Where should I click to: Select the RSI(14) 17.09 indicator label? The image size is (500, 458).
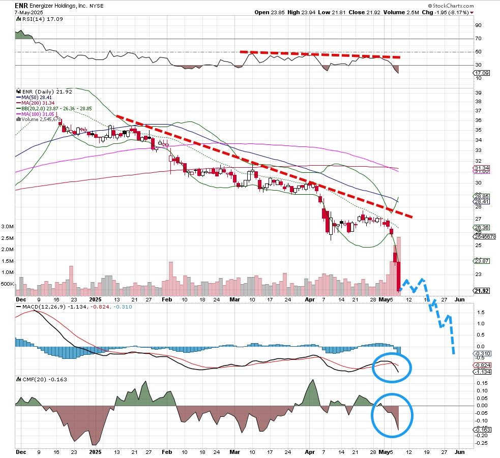pyautogui.click(x=35, y=19)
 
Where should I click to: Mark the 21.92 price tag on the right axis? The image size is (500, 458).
pyautogui.click(x=481, y=291)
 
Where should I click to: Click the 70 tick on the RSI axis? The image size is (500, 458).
pyautogui.click(x=478, y=38)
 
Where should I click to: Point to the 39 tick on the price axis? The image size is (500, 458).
pyautogui.click(x=478, y=93)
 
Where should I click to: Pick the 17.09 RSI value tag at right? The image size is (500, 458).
pyautogui.click(x=481, y=73)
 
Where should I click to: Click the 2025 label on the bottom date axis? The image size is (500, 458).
pyautogui.click(x=95, y=451)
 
